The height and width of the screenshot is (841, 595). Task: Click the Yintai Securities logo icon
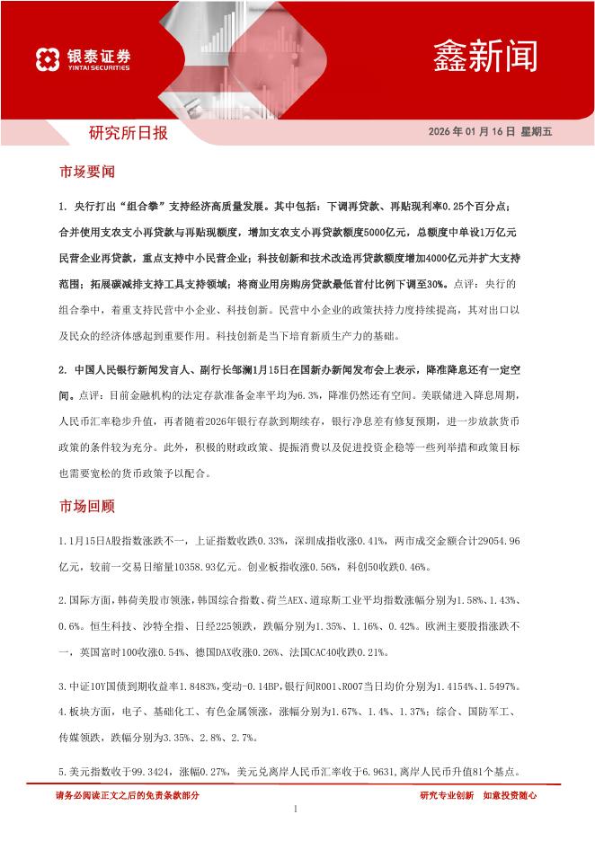point(48,59)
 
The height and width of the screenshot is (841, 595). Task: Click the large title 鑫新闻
point(484,55)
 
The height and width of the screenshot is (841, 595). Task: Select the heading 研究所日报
point(129,134)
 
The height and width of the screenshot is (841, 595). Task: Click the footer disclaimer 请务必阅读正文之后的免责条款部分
point(128,795)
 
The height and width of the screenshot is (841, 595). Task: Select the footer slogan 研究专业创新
point(447,795)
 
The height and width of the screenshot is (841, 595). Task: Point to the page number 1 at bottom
point(296,811)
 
